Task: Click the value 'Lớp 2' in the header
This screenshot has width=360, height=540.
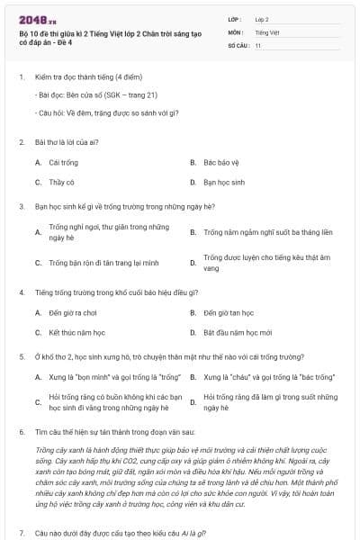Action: (x=262, y=18)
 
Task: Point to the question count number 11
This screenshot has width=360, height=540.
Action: (x=258, y=45)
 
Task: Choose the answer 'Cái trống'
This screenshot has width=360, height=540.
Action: (x=62, y=163)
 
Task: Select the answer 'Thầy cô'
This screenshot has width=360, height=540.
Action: (x=61, y=182)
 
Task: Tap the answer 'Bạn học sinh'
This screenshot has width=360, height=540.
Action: (x=225, y=182)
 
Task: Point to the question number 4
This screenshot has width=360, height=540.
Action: (x=21, y=292)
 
